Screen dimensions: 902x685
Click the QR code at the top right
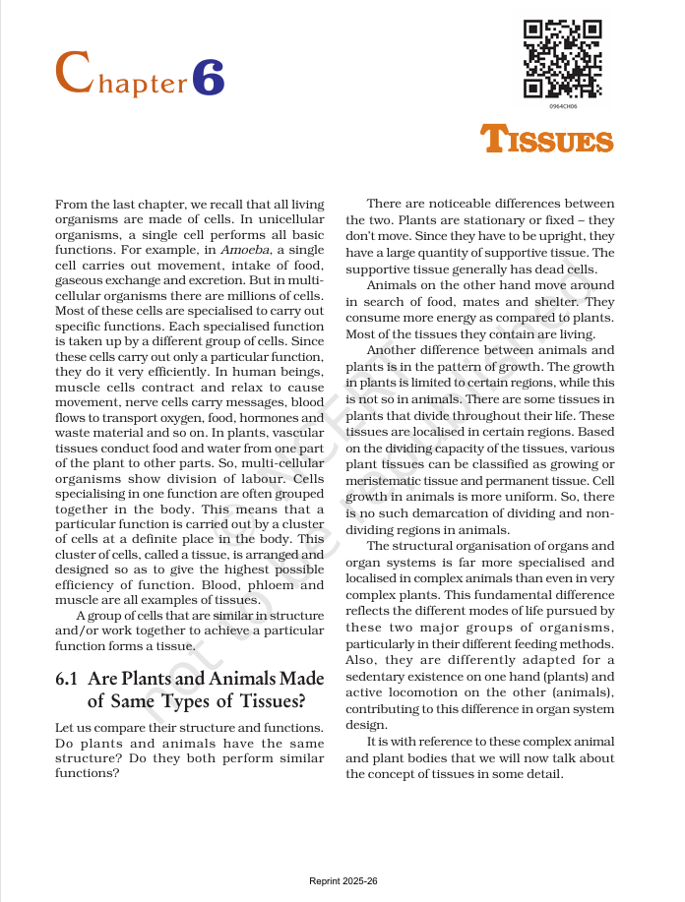click(562, 58)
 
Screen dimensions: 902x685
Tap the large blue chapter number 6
click(209, 77)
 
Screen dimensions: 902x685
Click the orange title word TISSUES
click(547, 141)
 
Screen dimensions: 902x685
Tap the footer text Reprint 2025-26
click(342, 880)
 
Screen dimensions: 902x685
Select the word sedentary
click(379, 677)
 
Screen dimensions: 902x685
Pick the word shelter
click(554, 302)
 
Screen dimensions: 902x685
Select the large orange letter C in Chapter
click(75, 74)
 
